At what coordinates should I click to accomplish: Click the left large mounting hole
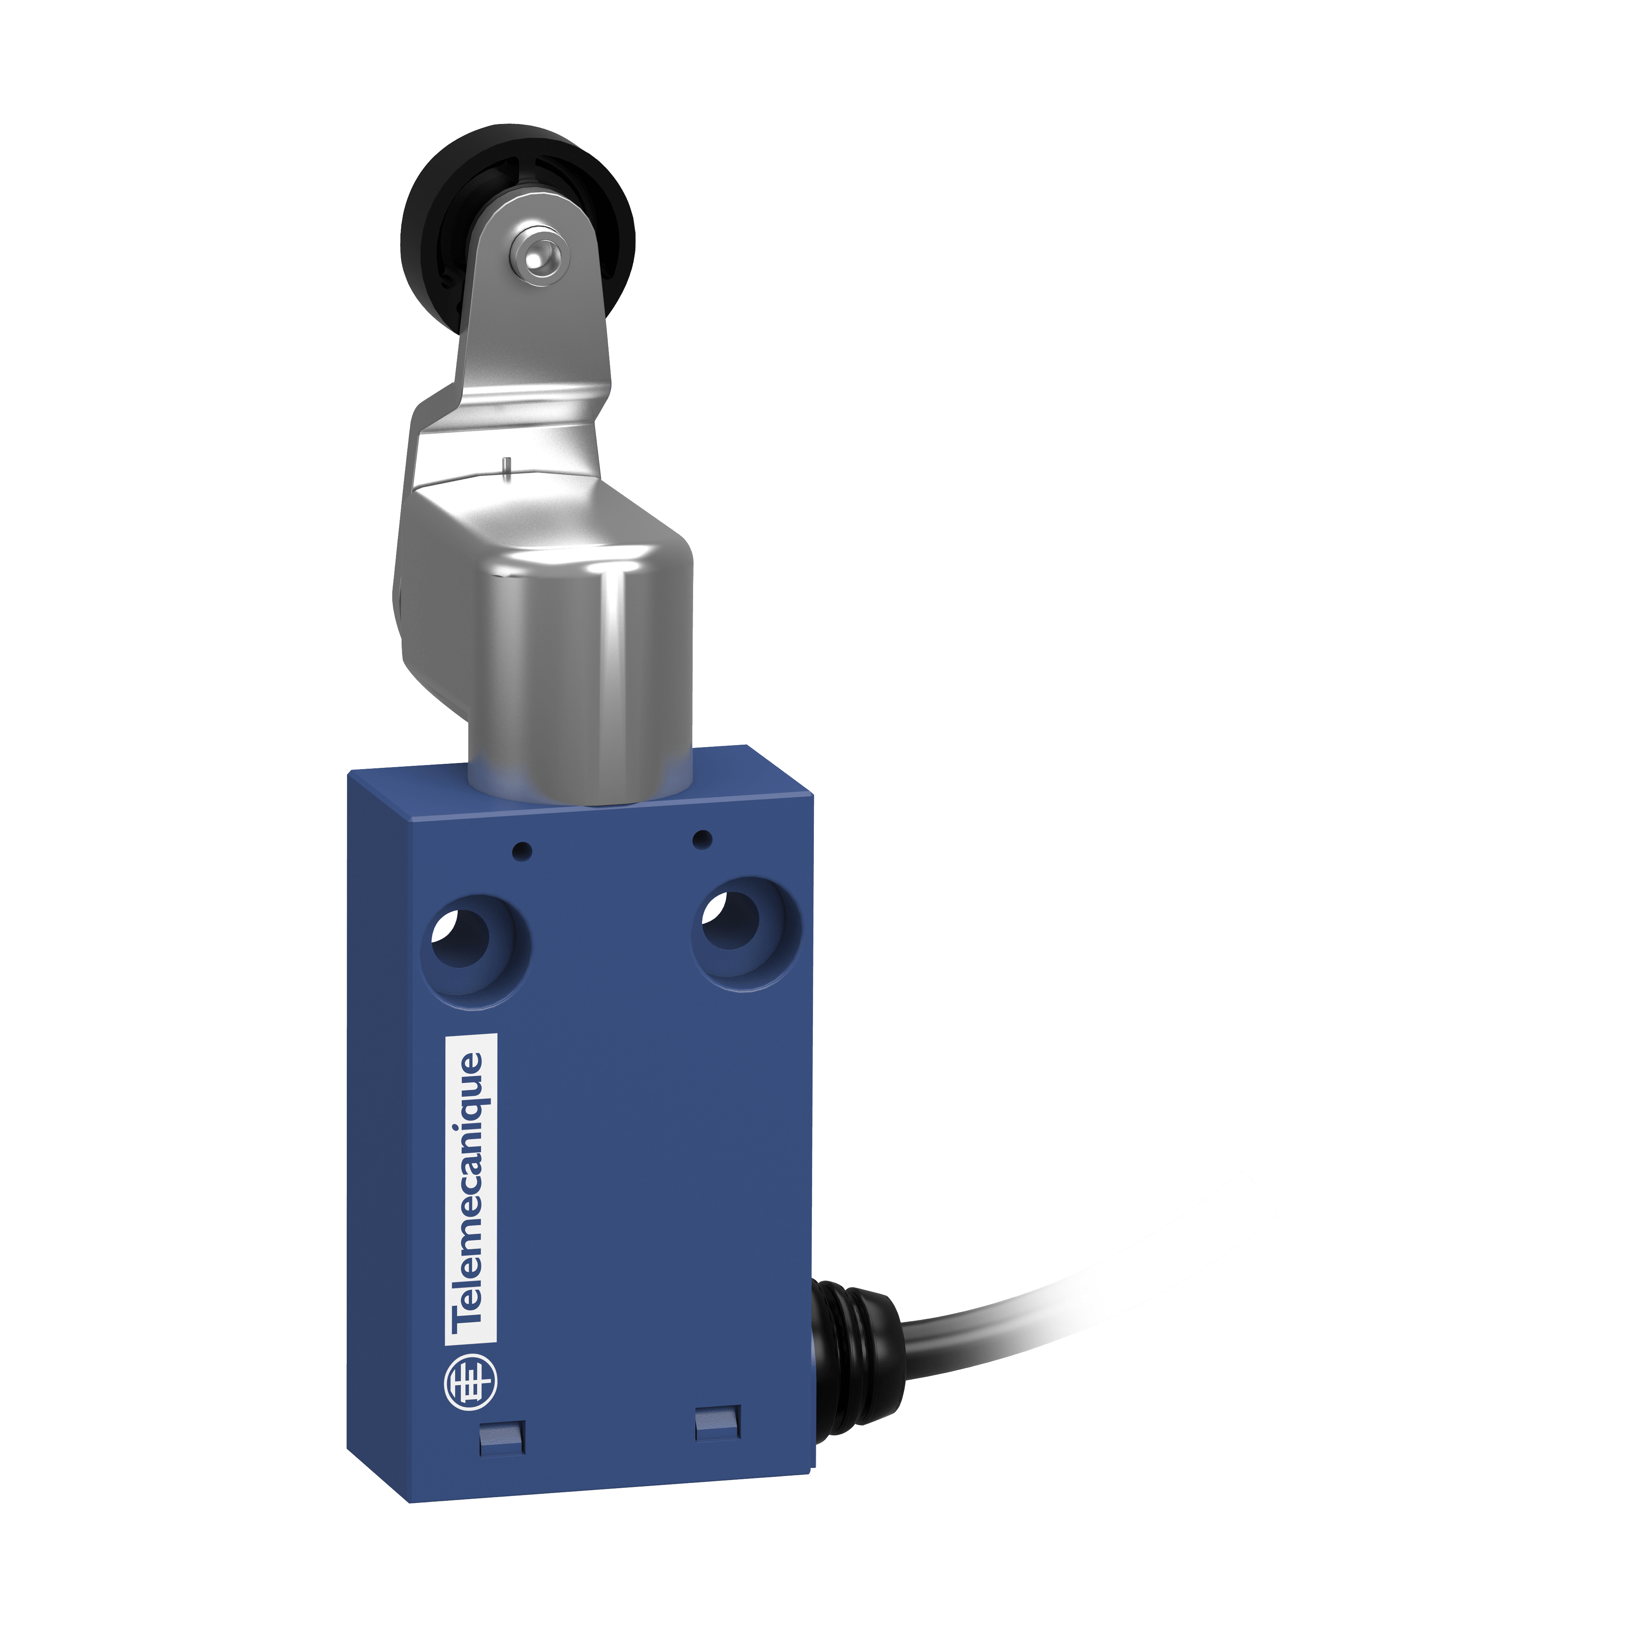pyautogui.click(x=462, y=939)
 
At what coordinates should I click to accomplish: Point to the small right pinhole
pyautogui.click(x=701, y=839)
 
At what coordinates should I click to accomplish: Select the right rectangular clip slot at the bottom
pyautogui.click(x=718, y=1422)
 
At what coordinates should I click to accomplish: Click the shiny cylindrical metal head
pyautogui.click(x=581, y=673)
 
